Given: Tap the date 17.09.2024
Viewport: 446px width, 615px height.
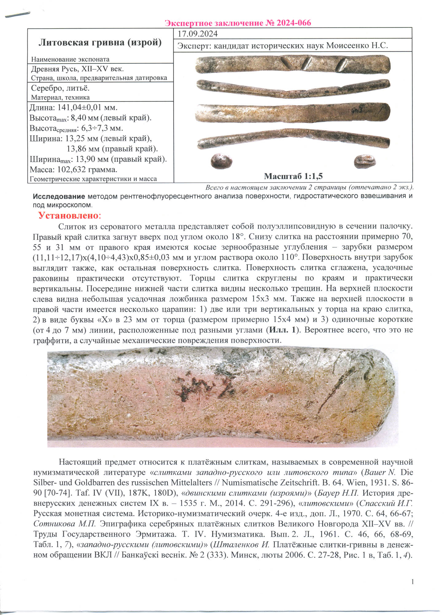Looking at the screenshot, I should pos(198,34).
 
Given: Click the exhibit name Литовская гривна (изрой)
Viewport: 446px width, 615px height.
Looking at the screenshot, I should pos(100,42).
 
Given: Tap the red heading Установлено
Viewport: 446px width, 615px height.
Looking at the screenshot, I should pos(69,216).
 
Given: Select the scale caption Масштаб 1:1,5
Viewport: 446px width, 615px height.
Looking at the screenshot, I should pos(293,176).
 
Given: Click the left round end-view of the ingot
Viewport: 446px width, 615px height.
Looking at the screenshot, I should pos(221,161).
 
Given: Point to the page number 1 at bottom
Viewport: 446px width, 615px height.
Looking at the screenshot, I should pos(412,581).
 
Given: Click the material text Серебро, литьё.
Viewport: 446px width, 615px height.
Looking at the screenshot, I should pos(60,89).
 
